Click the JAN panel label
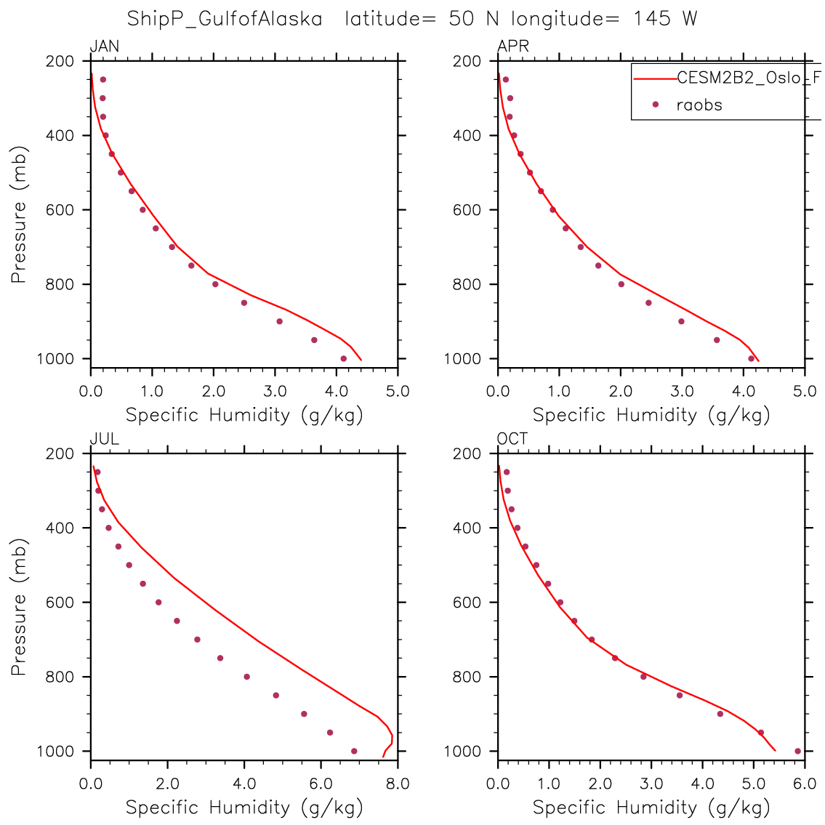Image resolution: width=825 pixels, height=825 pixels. click(104, 47)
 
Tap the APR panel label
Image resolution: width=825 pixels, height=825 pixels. click(512, 47)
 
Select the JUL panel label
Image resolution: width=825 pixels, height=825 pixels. click(104, 440)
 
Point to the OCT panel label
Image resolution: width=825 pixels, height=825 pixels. click(512, 440)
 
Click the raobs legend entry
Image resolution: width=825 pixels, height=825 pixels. click(699, 105)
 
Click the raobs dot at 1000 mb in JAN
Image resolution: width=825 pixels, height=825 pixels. click(344, 358)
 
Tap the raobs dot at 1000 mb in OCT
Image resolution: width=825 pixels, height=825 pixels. click(797, 751)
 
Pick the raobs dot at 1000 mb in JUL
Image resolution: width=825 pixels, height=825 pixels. click(354, 751)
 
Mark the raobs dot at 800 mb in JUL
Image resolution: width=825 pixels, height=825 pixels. click(247, 677)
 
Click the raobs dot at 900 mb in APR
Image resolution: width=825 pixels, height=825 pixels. click(681, 321)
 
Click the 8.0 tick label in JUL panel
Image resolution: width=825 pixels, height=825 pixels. click(398, 784)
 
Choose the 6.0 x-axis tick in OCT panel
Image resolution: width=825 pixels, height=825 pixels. click(805, 784)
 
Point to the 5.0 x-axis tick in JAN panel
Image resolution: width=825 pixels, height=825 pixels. click(398, 391)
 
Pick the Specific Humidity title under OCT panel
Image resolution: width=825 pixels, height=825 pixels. click(651, 807)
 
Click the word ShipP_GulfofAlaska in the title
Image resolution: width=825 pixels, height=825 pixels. click(225, 18)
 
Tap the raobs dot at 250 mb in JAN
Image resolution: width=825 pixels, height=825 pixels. click(102, 80)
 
